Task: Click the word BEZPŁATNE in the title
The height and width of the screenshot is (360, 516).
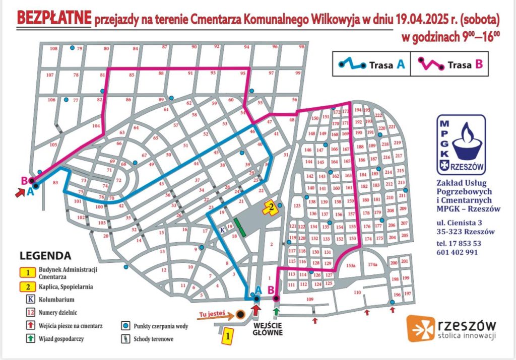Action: (x=54, y=18)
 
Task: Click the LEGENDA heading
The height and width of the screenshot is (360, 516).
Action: (x=46, y=256)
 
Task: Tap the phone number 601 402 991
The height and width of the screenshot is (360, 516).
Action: (x=458, y=252)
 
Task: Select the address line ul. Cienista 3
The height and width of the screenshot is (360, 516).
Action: (x=460, y=223)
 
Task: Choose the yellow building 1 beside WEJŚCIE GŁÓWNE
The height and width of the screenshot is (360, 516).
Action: (x=228, y=334)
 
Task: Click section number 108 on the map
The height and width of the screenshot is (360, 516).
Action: (x=53, y=48)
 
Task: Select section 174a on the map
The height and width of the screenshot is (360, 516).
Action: (x=372, y=264)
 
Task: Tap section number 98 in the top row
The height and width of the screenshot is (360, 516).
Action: (x=302, y=47)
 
